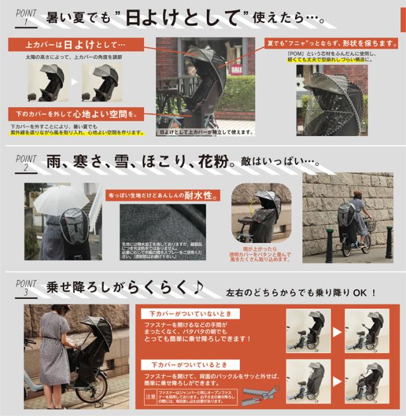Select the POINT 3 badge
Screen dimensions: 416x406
click(x=26, y=288)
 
